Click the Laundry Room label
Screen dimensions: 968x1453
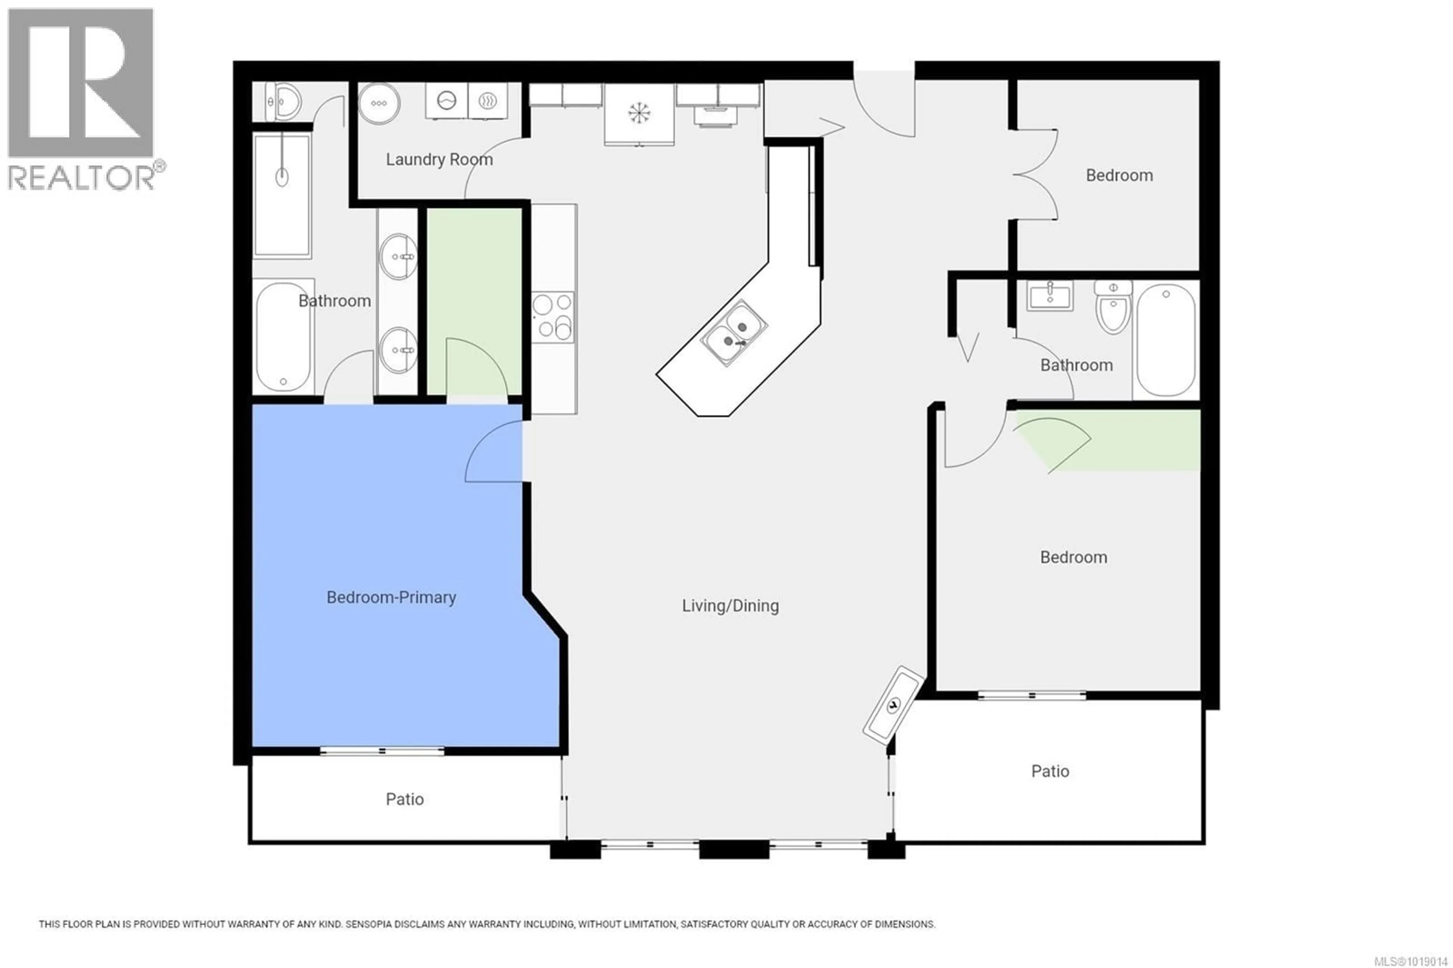(439, 160)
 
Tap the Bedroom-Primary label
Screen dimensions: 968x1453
(391, 598)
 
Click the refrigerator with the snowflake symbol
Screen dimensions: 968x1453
(638, 114)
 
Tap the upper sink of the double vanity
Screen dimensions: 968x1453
(398, 256)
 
